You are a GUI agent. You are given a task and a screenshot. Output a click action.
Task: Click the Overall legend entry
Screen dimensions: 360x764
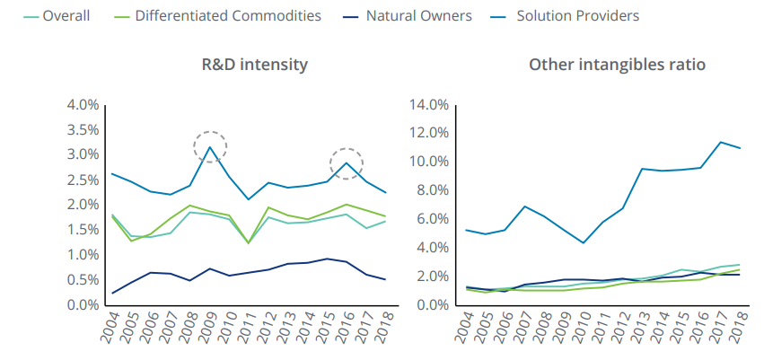[63, 16]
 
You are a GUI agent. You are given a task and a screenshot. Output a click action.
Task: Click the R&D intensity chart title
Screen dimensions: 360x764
[255, 65]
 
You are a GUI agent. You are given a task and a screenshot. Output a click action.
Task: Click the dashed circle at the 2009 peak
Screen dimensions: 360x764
[210, 145]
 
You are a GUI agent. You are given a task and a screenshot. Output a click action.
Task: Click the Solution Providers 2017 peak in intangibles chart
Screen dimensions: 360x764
[720, 142]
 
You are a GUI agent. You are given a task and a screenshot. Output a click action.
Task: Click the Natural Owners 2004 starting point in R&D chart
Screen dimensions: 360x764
[112, 293]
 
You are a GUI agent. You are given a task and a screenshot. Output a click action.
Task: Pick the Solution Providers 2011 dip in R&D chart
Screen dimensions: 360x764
[248, 199]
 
